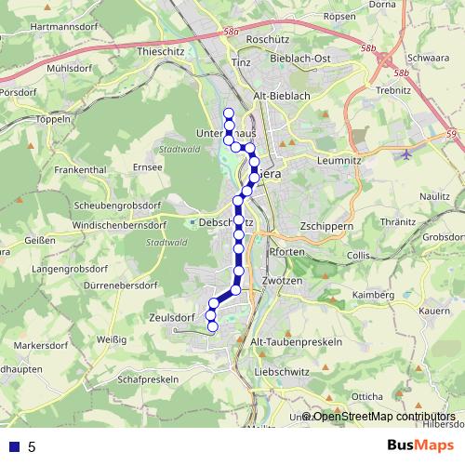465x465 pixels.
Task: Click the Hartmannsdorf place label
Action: tap(65, 26)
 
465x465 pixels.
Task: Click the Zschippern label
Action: tap(327, 226)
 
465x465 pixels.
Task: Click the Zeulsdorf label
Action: tap(169, 317)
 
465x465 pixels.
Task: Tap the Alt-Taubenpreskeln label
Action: tap(297, 341)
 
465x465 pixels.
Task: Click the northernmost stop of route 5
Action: tap(228, 113)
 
